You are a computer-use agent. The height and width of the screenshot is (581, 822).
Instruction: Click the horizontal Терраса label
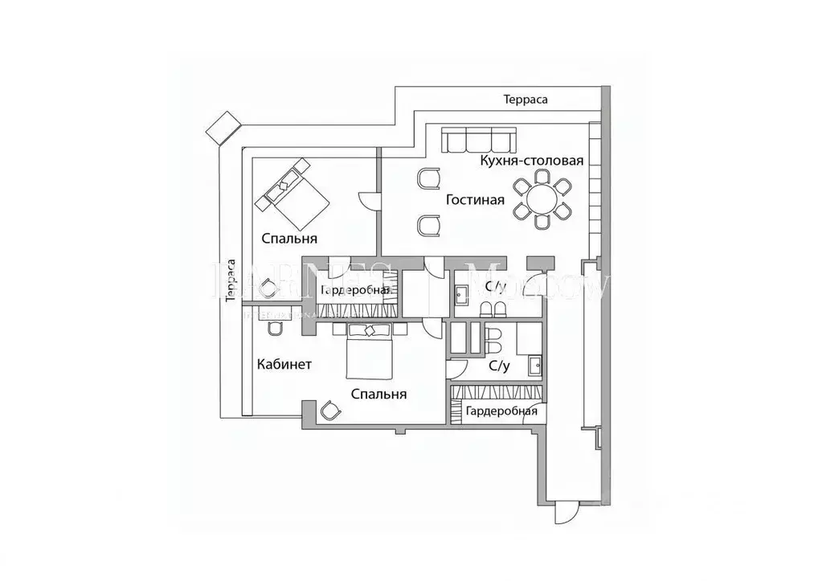(x=526, y=100)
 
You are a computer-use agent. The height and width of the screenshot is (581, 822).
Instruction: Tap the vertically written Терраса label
(x=231, y=281)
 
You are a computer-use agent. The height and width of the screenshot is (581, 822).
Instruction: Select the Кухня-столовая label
(x=531, y=160)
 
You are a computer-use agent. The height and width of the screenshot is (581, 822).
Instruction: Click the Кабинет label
(x=284, y=364)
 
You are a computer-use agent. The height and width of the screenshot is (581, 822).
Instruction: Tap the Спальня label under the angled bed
(x=289, y=239)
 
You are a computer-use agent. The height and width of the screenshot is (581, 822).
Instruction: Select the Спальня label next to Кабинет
(x=378, y=394)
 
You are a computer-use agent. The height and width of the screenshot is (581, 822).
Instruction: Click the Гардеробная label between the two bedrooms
(x=355, y=290)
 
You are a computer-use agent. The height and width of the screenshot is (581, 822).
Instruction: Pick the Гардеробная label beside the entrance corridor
(x=501, y=412)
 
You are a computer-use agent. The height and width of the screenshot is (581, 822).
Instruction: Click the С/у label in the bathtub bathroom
(x=499, y=366)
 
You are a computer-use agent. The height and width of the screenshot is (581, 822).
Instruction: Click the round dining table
(x=542, y=197)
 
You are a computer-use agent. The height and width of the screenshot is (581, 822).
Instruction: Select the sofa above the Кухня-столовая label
(x=479, y=141)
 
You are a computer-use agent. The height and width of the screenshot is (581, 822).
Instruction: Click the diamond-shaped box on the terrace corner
(x=223, y=125)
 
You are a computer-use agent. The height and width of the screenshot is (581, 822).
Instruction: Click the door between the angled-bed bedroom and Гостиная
(x=369, y=200)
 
